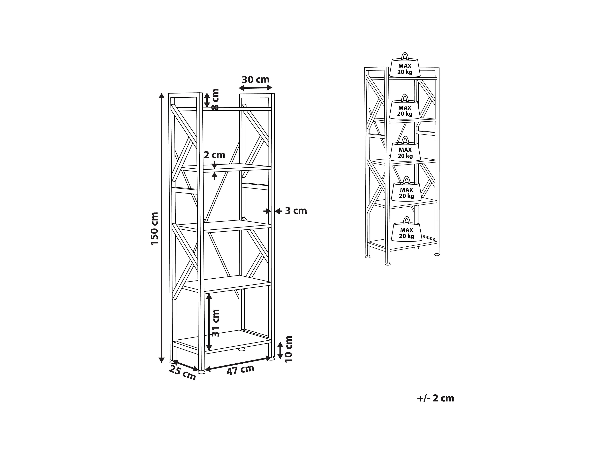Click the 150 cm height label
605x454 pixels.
(155, 228)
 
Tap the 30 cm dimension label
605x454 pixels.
(256, 80)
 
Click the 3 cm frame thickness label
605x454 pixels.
(296, 211)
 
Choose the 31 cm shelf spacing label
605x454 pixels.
(216, 323)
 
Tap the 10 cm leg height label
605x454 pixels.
(288, 349)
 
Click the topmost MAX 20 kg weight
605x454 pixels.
(405, 68)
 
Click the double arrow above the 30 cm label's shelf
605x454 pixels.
(256, 88)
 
